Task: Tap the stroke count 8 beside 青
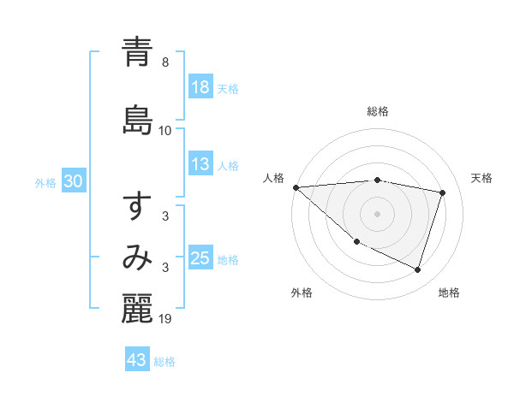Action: click(x=165, y=62)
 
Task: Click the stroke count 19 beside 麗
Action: click(x=165, y=319)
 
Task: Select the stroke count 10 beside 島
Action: click(x=165, y=131)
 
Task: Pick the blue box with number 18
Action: click(x=200, y=87)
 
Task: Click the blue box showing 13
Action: click(x=200, y=165)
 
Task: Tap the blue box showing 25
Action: click(x=200, y=259)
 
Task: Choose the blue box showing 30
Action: click(x=73, y=182)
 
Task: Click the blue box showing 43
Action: click(x=136, y=361)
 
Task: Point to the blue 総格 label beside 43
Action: click(x=164, y=362)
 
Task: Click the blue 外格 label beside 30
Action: click(x=45, y=183)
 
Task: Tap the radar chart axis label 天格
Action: click(x=482, y=178)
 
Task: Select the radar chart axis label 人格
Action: click(x=274, y=178)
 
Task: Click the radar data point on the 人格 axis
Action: click(x=296, y=187)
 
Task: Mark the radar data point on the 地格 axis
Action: click(x=418, y=270)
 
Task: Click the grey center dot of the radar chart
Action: click(x=378, y=214)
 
